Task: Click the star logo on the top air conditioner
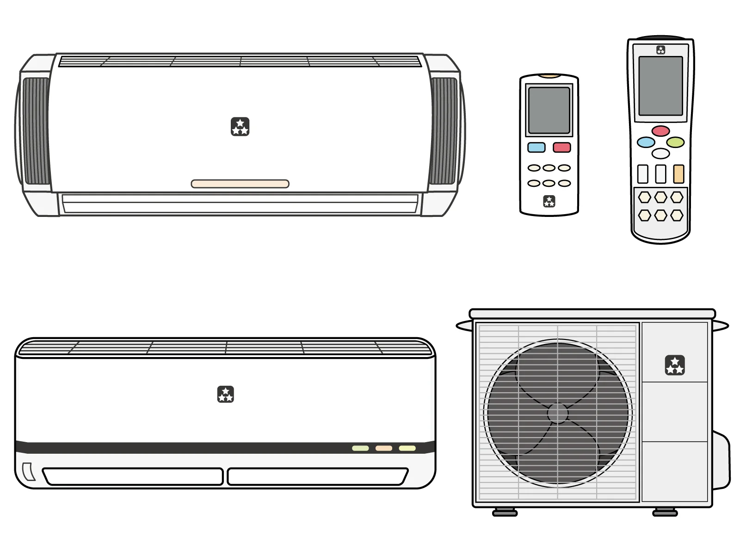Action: click(x=240, y=127)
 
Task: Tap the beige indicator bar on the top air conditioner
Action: click(x=240, y=184)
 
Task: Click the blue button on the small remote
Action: click(x=536, y=148)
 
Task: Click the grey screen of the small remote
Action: click(x=549, y=110)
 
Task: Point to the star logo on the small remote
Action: click(x=549, y=201)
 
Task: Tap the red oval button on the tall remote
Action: click(x=660, y=131)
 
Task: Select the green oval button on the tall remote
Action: click(x=675, y=142)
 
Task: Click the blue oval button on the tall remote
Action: click(x=646, y=142)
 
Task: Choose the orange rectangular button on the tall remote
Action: click(x=678, y=174)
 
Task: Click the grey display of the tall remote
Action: click(x=660, y=86)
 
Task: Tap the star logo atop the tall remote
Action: click(x=660, y=50)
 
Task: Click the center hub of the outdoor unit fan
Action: click(x=557, y=413)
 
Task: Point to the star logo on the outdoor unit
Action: click(x=675, y=365)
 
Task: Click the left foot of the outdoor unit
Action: click(x=505, y=512)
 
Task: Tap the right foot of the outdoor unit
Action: click(x=665, y=512)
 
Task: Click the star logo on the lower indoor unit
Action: click(x=226, y=395)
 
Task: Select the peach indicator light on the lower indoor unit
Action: click(x=383, y=448)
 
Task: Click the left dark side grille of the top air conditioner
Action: click(x=36, y=131)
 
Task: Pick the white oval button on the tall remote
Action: click(x=660, y=154)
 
